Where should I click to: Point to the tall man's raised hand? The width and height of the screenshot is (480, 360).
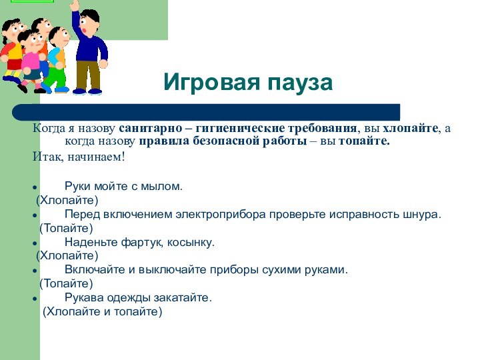coord(75,5)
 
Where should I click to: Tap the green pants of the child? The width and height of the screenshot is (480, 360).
coord(55,77)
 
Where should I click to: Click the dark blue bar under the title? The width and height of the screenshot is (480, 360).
coord(207,111)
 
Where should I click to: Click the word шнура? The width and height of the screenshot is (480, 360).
coord(423,214)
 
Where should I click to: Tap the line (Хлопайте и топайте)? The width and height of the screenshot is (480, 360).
coord(103,311)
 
